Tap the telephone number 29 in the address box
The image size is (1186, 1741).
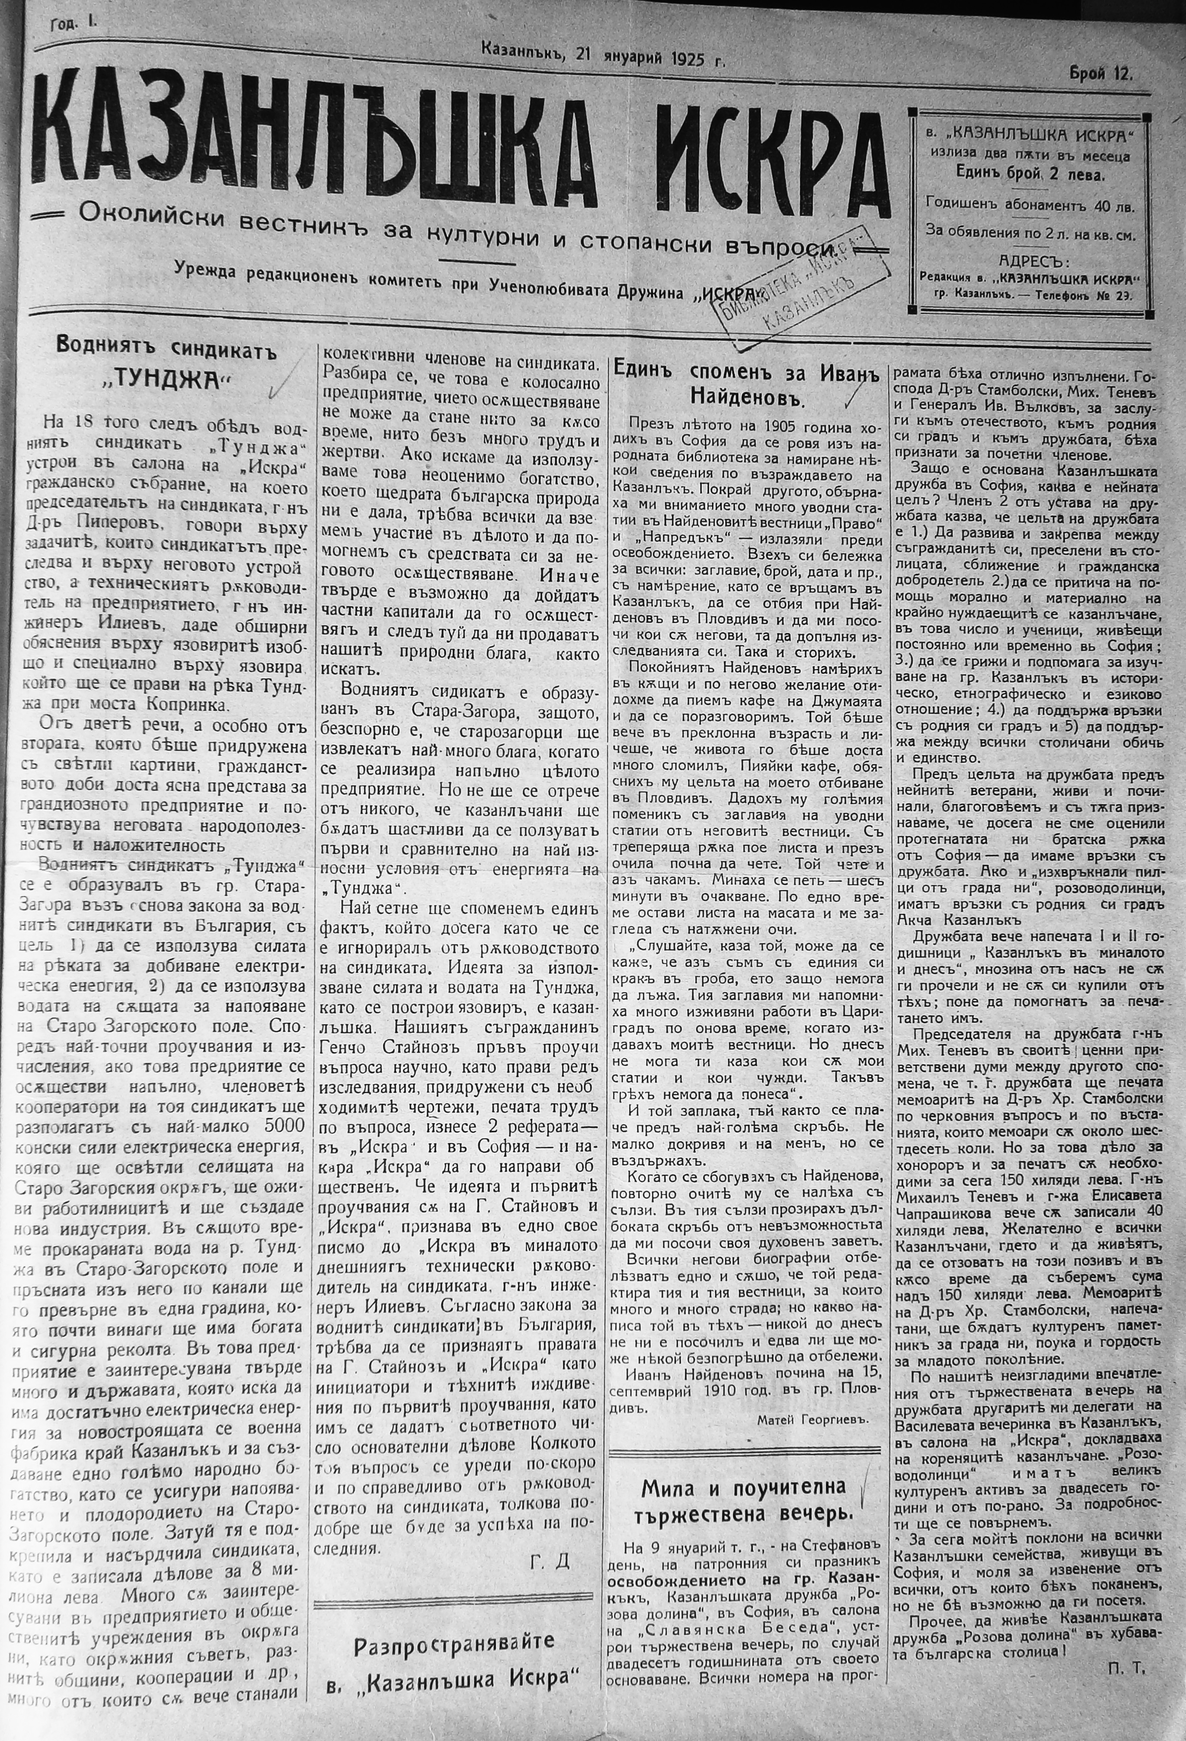[1121, 294]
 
